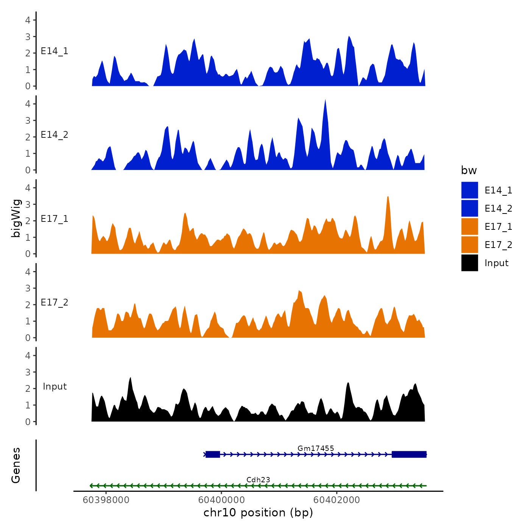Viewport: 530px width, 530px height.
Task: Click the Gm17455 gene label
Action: (316, 449)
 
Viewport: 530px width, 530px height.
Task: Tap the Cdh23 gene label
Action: (258, 480)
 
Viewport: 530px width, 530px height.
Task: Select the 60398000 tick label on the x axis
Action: (106, 500)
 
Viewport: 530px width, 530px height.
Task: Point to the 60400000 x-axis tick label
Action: (221, 500)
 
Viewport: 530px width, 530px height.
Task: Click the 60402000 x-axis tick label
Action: (337, 500)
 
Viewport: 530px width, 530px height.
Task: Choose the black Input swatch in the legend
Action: (469, 263)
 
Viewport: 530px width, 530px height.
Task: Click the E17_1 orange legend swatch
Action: (469, 227)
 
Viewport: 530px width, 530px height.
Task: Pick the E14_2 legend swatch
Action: (469, 209)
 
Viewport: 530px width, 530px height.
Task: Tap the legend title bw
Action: (469, 171)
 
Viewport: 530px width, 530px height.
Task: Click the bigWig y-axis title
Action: (16, 218)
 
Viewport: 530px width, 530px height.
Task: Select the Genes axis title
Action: (16, 465)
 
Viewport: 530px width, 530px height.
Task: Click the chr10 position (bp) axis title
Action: (258, 513)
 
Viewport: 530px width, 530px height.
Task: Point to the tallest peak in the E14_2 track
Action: (325, 101)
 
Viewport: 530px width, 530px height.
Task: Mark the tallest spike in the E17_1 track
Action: (388, 197)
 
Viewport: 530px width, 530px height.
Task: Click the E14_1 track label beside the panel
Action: (55, 51)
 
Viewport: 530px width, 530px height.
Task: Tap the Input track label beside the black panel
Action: (55, 387)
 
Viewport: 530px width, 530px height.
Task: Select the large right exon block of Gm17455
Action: (409, 454)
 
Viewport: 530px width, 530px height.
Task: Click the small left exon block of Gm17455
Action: (213, 454)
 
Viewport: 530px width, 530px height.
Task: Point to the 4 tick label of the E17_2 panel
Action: (28, 271)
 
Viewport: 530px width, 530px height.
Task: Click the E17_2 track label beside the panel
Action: (55, 302)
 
